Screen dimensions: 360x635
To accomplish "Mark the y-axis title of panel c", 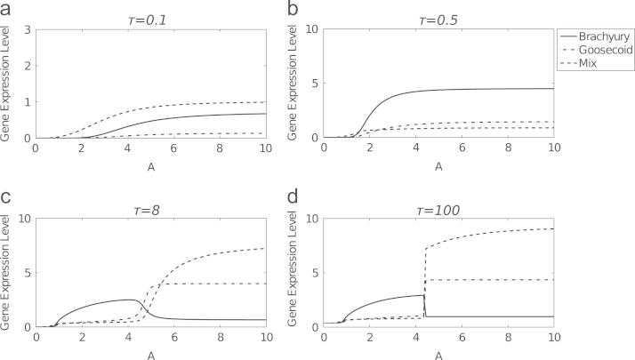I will click(x=10, y=273).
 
